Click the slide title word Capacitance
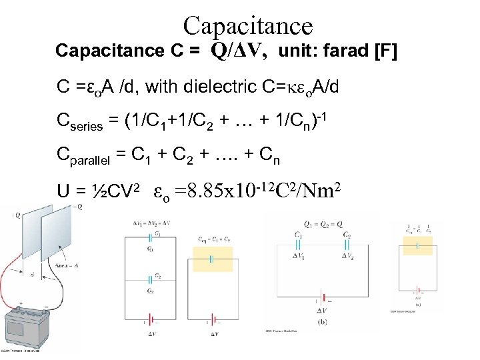coord(248,25)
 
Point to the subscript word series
coord(88,125)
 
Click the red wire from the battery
coord(13,267)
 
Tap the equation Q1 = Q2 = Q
coord(323,225)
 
